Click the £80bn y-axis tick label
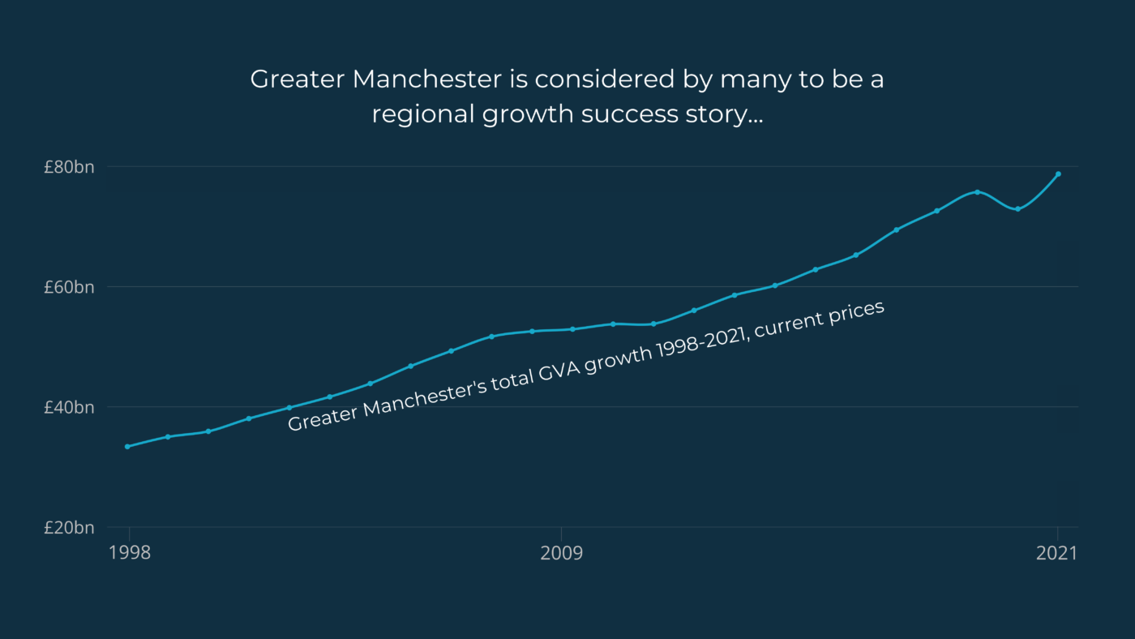(x=69, y=167)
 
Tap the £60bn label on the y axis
(x=69, y=287)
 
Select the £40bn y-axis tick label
(x=69, y=407)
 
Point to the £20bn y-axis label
(x=69, y=527)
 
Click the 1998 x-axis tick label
(x=129, y=553)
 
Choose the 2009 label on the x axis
(x=562, y=553)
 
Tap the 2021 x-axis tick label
(x=1057, y=553)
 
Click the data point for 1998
(x=127, y=447)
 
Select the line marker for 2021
(x=1058, y=174)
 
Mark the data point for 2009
(x=572, y=328)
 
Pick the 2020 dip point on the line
(x=1017, y=209)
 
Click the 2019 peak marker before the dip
(x=977, y=192)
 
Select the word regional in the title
(x=423, y=114)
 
